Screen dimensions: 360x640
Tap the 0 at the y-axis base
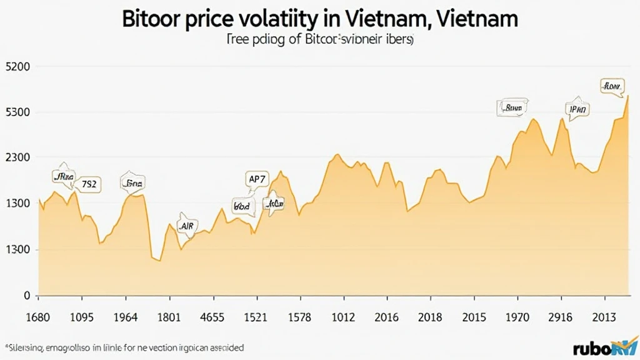[x=26, y=295]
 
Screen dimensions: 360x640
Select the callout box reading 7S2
[x=89, y=184]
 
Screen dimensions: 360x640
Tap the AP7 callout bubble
[x=257, y=179]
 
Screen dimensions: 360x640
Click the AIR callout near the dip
[x=186, y=226]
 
